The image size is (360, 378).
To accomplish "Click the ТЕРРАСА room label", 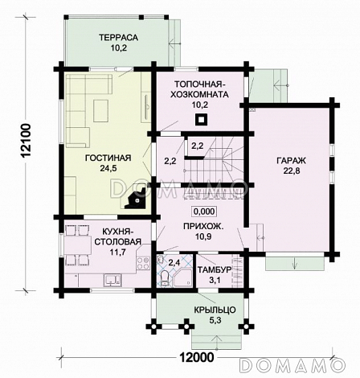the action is coord(118,37).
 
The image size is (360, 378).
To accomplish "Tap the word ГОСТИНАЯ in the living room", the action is coord(108,158).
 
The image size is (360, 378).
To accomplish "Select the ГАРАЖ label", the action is coord(291,161).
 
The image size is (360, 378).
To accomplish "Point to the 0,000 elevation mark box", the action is coord(204,212).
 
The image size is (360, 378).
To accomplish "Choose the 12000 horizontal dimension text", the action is coord(197,357).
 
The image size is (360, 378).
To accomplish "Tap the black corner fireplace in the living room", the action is coord(136,199).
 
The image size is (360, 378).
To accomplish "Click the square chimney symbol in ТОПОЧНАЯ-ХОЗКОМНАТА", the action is coord(201,120).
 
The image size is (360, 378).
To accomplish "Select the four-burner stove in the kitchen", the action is coord(143,263).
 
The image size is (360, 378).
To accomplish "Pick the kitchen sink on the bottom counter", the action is coord(112,279).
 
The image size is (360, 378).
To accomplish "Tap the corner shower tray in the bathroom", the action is coord(183,277).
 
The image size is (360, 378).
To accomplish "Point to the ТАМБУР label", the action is coord(215,269).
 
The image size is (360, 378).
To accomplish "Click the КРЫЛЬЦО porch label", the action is coord(215,310).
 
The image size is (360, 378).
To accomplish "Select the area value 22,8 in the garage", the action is coord(292,171).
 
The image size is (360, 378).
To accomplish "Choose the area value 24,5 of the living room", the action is coord(108,168).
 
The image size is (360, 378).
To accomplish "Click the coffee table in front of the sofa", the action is coord(100,111).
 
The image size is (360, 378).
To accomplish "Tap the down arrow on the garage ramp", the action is coord(295,263).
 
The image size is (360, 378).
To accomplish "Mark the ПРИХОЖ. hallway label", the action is coord(203,226).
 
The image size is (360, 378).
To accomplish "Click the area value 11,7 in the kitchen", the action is coord(118,252).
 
